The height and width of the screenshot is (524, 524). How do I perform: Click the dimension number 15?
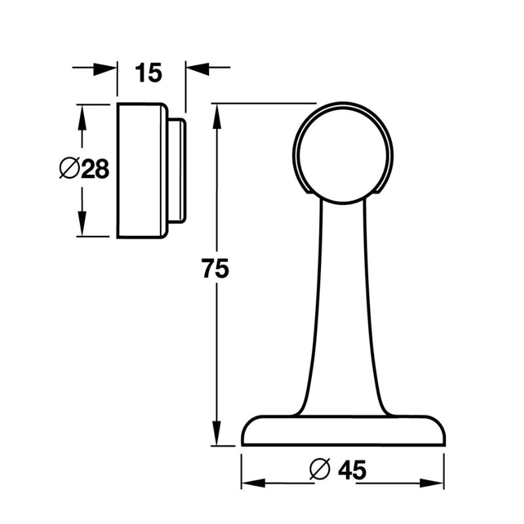(x=149, y=73)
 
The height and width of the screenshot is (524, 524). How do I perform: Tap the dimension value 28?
(x=94, y=170)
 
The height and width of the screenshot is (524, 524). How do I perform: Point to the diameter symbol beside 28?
(x=68, y=169)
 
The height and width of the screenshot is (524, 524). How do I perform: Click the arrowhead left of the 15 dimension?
(x=105, y=67)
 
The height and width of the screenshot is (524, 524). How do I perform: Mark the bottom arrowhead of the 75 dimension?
(x=215, y=433)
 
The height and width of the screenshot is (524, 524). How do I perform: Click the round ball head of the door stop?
(x=343, y=154)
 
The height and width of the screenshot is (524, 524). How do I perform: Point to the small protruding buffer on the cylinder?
(x=177, y=170)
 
